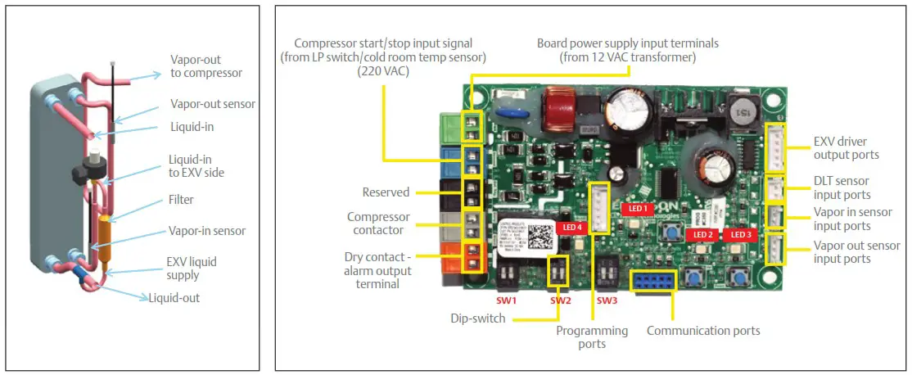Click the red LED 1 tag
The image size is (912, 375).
coord(636,209)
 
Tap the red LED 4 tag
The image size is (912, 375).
coord(570,227)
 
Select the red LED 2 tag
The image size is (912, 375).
coord(702,235)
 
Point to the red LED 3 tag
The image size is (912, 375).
coord(739,235)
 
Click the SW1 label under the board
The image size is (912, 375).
coord(507,300)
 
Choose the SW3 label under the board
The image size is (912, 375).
coord(607,300)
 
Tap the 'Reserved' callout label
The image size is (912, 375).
coord(386,192)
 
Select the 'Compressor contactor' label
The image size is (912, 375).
coord(377,224)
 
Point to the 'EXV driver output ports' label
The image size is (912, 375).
coord(847,148)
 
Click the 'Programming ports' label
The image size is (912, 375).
coord(592,337)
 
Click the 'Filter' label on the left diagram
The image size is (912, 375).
coord(182,199)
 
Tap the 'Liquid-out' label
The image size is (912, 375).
coord(174,298)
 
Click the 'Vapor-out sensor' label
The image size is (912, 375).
coord(212,104)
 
